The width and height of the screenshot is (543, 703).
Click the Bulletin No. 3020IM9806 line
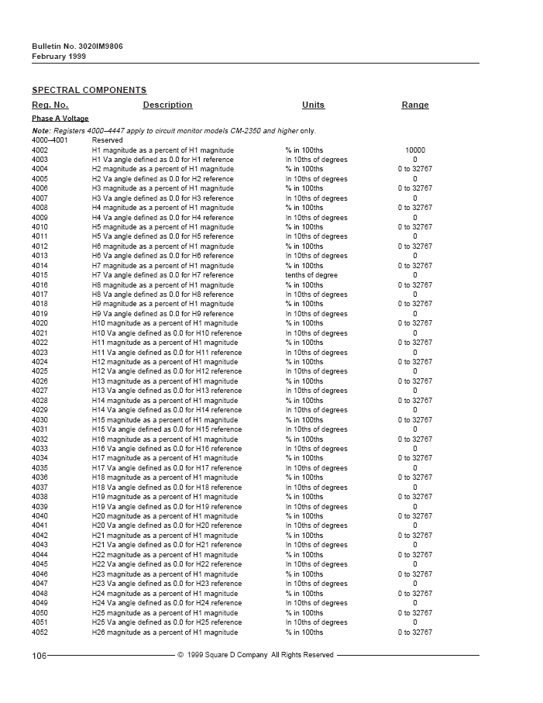pos(77,47)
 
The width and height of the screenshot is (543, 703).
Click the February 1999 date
pos(59,57)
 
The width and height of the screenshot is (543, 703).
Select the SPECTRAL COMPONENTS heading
pos(89,91)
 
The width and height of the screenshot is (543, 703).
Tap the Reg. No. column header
pos(50,105)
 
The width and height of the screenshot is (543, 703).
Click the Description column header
pos(167,105)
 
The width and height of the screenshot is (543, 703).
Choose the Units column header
pos(313,105)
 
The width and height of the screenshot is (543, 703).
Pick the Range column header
pos(414,105)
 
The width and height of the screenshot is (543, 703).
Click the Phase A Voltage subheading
pos(60,119)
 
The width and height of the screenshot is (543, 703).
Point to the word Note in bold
pos(40,131)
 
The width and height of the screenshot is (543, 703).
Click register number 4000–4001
pos(50,140)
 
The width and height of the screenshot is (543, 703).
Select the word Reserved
pos(107,140)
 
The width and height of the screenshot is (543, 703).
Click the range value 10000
pos(414,150)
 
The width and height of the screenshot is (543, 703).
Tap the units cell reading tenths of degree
pos(311,275)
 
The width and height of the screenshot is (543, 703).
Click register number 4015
pos(40,275)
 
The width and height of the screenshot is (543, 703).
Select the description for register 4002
pos(163,150)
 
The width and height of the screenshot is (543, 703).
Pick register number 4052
pos(40,632)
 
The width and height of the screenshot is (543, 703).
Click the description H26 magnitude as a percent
pos(165,632)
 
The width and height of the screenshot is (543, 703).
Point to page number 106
pos(39,656)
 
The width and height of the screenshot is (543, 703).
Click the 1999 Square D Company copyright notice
pos(256,655)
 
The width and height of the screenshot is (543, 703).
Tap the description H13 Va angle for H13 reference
pos(167,391)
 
